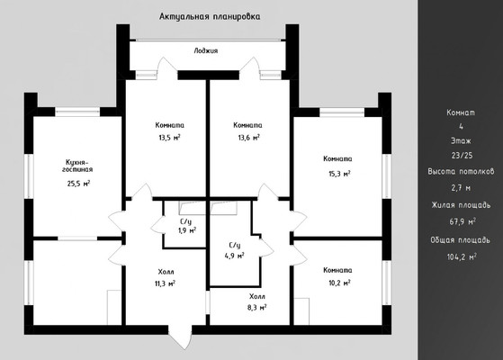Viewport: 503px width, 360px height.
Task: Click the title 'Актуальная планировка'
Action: click(210, 16)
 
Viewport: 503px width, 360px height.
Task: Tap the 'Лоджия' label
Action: click(206, 50)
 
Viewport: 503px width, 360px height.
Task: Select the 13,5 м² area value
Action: click(169, 138)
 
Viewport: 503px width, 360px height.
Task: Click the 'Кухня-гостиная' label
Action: click(77, 166)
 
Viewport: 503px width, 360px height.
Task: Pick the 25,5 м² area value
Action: click(78, 184)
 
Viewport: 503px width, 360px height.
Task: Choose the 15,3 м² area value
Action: click(339, 174)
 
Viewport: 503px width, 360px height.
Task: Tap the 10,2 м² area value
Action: click(339, 283)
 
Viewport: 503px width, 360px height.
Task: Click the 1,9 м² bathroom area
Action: click(187, 230)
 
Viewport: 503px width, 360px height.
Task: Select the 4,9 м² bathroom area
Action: click(235, 256)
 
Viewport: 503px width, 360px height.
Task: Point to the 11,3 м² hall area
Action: click(165, 283)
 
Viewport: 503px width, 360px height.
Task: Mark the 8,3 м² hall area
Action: click(257, 308)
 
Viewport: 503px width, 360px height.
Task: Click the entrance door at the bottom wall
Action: click(180, 336)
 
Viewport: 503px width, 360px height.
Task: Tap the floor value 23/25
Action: click(462, 156)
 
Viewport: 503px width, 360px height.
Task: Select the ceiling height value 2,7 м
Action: click(461, 188)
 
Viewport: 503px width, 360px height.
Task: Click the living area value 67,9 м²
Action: click(463, 221)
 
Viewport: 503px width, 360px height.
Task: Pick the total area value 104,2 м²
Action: click(462, 257)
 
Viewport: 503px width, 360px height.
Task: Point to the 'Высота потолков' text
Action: click(461, 172)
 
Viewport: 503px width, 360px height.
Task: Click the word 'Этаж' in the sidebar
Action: click(461, 141)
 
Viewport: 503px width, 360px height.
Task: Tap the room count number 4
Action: click(462, 127)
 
